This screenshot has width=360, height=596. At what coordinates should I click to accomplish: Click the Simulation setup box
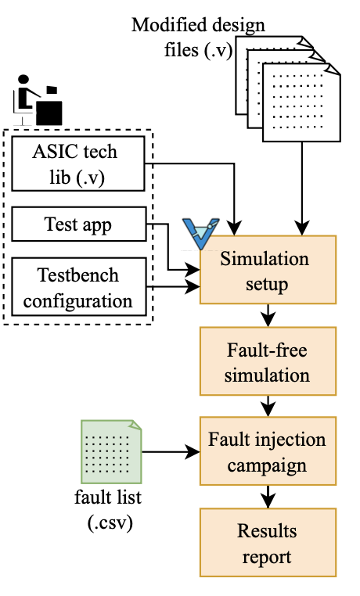click(268, 270)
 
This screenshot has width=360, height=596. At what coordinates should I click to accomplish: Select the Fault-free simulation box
click(268, 361)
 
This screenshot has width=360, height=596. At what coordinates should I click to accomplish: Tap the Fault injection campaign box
click(268, 451)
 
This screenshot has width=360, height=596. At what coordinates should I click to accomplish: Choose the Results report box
click(268, 542)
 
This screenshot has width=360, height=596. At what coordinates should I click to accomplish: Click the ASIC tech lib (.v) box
click(78, 163)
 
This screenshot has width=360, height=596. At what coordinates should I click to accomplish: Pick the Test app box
click(79, 224)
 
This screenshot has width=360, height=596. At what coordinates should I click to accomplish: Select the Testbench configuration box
click(79, 286)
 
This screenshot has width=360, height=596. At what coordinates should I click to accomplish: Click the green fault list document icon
click(111, 451)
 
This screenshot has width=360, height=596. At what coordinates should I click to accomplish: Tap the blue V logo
click(200, 233)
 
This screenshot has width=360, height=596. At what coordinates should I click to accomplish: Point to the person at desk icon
click(38, 100)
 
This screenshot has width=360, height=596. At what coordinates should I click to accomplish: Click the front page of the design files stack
click(301, 102)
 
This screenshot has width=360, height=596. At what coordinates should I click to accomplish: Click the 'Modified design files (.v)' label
click(198, 38)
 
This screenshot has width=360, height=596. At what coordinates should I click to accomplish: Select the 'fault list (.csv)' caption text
click(109, 510)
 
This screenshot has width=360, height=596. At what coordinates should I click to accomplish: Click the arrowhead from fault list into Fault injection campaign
click(193, 451)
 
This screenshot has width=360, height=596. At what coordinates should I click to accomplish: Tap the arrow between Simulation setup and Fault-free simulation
click(268, 315)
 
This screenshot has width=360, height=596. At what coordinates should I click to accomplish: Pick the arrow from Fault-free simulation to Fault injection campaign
click(268, 406)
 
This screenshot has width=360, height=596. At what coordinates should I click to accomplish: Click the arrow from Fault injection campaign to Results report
click(268, 497)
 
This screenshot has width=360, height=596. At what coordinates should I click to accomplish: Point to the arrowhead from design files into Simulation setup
click(302, 228)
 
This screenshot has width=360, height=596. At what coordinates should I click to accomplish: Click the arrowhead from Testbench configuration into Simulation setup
click(193, 286)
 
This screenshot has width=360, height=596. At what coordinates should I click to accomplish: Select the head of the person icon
click(23, 80)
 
